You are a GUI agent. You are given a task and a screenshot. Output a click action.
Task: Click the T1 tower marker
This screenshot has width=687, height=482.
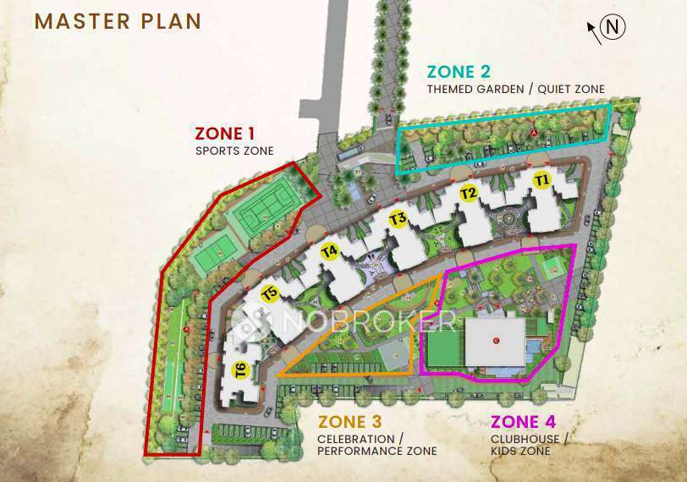(542, 180)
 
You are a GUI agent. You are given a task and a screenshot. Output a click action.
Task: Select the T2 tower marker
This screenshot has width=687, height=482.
(469, 194)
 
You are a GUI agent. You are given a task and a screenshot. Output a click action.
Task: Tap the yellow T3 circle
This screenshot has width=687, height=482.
(398, 221)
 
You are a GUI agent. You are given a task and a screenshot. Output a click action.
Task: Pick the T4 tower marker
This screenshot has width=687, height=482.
(330, 251)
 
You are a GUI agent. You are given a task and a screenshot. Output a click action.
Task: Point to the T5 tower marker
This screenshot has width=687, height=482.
(270, 294)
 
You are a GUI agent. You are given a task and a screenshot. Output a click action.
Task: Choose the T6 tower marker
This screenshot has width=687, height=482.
(240, 369)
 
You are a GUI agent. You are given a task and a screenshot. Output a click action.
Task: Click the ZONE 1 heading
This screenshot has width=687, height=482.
(224, 133)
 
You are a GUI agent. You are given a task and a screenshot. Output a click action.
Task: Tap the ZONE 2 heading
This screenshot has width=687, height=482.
(459, 72)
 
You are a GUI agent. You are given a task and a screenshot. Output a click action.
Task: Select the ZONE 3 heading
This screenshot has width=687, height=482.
(349, 422)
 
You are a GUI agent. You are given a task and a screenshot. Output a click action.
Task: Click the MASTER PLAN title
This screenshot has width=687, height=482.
(118, 21)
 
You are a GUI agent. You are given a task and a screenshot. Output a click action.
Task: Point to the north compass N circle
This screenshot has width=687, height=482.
(615, 28)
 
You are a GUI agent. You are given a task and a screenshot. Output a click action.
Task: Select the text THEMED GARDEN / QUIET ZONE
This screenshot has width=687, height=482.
(515, 90)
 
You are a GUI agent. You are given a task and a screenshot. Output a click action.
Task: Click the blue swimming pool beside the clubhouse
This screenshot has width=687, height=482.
(531, 348)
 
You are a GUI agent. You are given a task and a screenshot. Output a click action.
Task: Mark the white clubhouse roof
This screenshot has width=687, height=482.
(495, 342)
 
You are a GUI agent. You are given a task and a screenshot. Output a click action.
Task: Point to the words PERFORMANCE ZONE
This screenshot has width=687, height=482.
(377, 452)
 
